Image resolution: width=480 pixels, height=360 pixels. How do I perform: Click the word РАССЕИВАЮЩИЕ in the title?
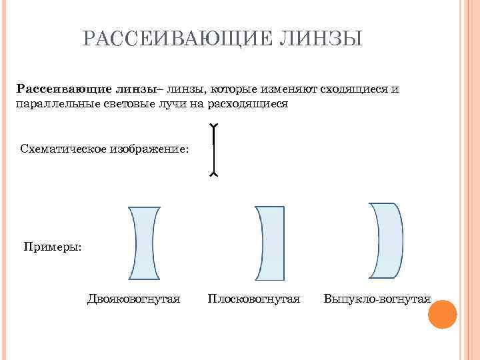[x=174, y=39]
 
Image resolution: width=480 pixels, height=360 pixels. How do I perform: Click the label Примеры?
[x=53, y=247]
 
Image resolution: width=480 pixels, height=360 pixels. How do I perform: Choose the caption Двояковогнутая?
[x=133, y=299]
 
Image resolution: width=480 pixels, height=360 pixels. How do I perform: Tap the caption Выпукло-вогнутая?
[x=377, y=299]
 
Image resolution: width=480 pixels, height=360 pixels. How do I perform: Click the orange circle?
[x=441, y=315]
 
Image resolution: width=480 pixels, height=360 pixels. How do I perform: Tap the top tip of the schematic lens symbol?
[x=213, y=127]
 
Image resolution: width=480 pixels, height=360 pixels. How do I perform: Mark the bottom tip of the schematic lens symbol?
[x=213, y=174]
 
